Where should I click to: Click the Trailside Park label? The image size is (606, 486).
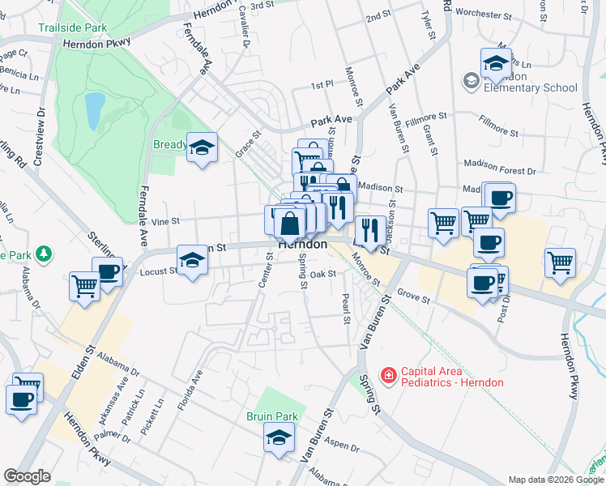point(72,28)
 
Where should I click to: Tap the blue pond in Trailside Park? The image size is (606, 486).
point(94,111)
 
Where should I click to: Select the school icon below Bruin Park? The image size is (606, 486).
point(280,439)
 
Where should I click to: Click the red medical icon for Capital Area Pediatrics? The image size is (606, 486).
point(388,375)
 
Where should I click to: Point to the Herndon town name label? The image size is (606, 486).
point(302,244)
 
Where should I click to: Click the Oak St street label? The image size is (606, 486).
point(322,275)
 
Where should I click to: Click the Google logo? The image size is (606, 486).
point(27,476)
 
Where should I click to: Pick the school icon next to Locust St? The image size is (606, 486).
point(193,261)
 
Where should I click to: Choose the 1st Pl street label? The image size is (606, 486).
point(322,84)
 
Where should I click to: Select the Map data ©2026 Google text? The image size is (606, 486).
point(555,480)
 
